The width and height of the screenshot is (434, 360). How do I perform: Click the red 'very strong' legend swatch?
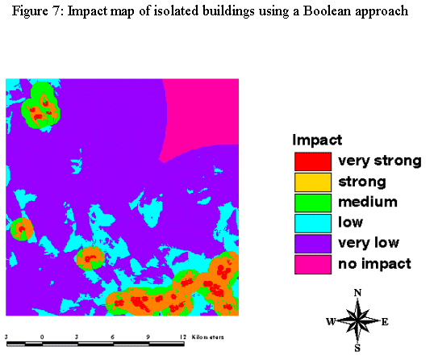[313, 161]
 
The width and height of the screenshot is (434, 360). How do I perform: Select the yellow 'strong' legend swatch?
[313, 182]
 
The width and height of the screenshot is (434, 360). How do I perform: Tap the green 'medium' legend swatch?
[313, 203]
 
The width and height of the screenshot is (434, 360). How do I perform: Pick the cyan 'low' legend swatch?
[313, 224]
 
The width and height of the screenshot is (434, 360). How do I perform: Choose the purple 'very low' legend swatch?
[313, 244]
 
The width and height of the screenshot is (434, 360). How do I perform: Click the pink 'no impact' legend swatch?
[313, 265]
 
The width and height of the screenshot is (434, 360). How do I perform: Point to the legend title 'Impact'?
[317, 140]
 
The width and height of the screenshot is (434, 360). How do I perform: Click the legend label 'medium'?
[368, 202]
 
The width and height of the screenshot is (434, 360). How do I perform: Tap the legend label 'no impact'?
[374, 264]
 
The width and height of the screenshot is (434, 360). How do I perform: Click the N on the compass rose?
[357, 293]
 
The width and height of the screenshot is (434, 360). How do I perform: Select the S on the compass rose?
[357, 348]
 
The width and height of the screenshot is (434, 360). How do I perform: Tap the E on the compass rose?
[385, 322]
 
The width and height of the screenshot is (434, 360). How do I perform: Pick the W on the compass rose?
[331, 321]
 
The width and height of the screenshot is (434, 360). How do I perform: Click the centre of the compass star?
[357, 320]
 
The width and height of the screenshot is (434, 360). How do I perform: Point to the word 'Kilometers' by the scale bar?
[207, 337]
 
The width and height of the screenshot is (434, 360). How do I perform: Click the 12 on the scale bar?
[182, 337]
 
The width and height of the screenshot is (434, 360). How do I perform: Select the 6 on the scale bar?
[112, 337]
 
